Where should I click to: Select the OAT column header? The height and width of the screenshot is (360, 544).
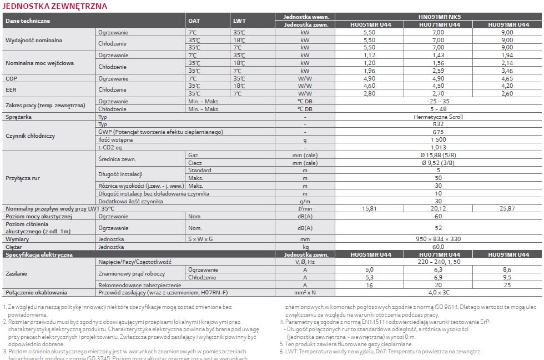point(194,21)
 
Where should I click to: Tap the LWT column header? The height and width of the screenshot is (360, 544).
point(239,21)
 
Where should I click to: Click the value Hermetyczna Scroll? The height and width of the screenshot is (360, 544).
point(438,117)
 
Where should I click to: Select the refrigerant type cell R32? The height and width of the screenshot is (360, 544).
point(438,124)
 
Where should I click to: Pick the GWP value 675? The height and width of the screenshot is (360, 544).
point(438,132)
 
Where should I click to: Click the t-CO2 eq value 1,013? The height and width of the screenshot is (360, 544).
point(438,147)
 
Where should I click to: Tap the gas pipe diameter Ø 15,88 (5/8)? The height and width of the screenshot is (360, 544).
point(438,155)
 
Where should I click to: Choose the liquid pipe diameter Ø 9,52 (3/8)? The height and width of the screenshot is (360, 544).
point(438,163)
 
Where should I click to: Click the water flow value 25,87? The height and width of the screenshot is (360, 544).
point(507,208)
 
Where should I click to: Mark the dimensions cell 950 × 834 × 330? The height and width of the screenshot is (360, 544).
point(438,239)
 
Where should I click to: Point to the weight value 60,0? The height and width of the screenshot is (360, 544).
point(438,246)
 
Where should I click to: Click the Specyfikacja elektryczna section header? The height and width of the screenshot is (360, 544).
point(39,254)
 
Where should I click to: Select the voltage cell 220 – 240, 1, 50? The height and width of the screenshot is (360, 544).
point(438,261)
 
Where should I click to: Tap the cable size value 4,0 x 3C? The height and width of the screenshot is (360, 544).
point(438,292)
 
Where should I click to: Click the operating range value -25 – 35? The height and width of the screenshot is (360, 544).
point(438,102)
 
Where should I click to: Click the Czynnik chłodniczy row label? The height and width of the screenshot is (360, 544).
point(30,136)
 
